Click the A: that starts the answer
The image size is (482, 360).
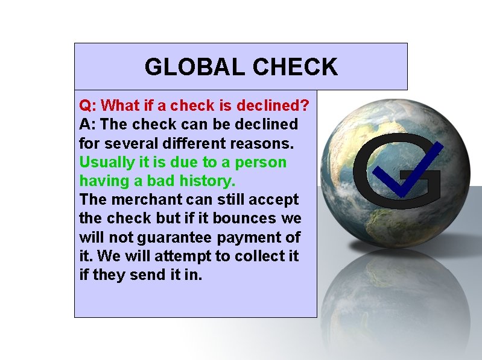point(87,125)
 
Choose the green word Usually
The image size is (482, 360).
point(104,163)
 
